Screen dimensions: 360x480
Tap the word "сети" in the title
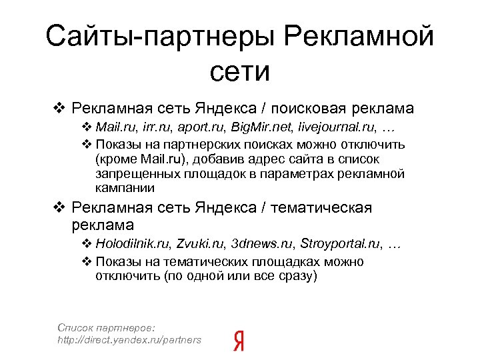coord(239,71)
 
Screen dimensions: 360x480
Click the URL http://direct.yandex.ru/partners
coord(129,340)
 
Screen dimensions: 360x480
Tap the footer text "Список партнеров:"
coord(107,327)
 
